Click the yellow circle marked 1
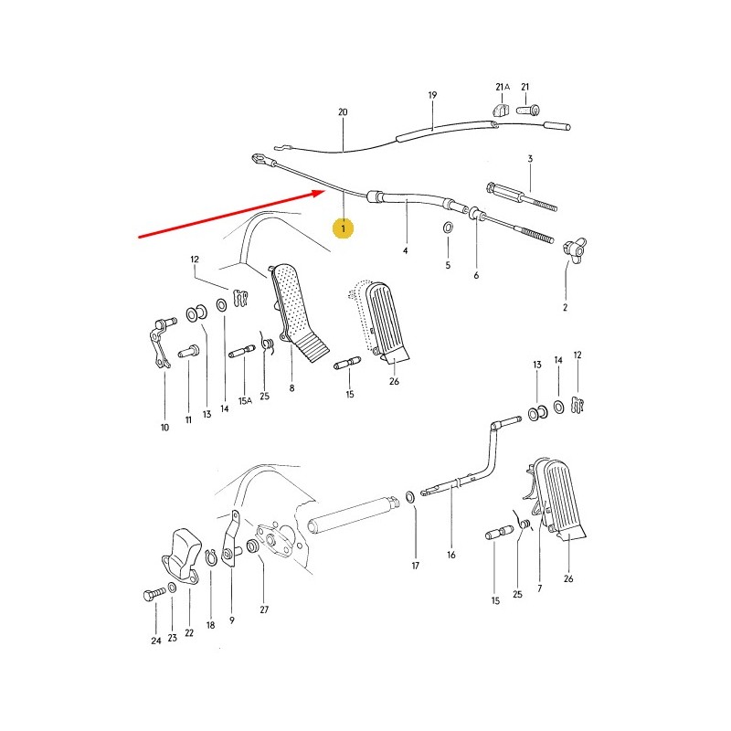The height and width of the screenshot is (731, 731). (344, 228)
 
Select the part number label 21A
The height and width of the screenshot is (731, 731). (501, 87)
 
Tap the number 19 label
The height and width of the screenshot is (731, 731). (432, 95)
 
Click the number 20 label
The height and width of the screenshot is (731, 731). (343, 112)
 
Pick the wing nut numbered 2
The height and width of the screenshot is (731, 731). (573, 249)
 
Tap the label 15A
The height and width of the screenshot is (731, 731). (245, 400)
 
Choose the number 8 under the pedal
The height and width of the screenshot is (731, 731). (291, 387)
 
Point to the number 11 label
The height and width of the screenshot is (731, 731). (188, 419)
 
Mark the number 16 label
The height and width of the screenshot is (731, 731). (450, 555)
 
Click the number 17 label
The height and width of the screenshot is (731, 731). (415, 567)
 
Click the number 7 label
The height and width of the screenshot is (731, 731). (539, 588)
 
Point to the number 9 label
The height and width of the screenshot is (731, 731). (231, 620)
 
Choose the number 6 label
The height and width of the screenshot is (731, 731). (476, 274)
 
